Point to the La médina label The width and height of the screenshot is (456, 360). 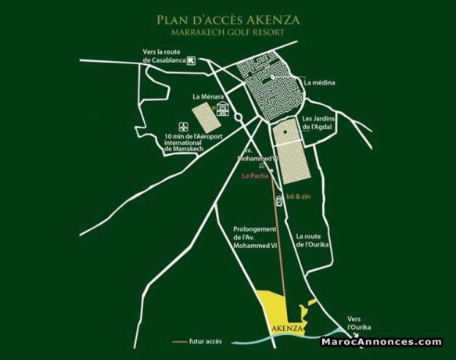tap(321, 81)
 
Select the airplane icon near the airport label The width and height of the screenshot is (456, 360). tap(184, 126)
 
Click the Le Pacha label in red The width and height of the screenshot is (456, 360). tap(257, 177)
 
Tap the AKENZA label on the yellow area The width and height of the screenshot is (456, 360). tap(284, 329)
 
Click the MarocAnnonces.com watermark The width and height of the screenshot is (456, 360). tap(381, 341)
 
